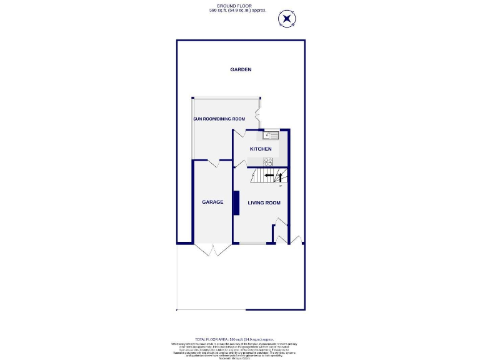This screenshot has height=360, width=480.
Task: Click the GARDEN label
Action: point(241,69)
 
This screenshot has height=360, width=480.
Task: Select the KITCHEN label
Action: point(261,149)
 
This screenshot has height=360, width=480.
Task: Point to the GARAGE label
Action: point(212,202)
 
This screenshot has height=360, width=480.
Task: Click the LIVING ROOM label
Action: point(264,202)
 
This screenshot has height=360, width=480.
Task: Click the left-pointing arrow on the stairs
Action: point(268,176)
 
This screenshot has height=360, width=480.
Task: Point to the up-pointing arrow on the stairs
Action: point(281,186)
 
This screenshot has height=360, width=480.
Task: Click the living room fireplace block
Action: point(236,203)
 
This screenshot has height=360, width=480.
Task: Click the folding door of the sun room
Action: point(256,114)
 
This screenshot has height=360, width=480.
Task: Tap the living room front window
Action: point(252,242)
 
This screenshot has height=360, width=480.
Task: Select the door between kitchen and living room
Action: point(240,163)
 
